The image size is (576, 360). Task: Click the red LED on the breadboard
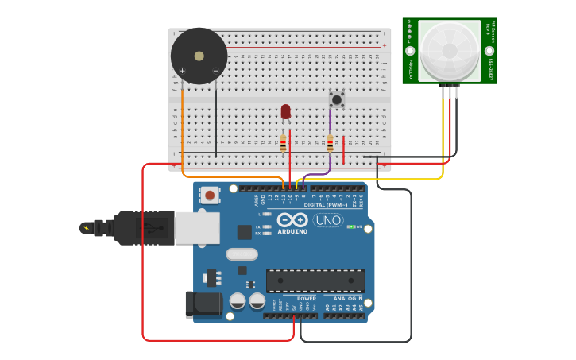point(286,111)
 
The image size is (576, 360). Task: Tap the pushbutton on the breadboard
point(337,99)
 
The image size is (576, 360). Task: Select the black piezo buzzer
point(199,56)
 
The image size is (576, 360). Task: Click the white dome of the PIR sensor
point(450,50)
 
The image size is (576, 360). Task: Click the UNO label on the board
point(328,220)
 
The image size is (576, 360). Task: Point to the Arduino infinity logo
point(292,220)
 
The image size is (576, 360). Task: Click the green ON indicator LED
point(350,227)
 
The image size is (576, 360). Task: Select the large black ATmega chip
point(315,281)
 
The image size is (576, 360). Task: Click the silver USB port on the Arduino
point(197,228)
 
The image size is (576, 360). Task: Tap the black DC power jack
point(202,304)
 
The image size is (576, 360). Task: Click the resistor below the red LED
point(284,143)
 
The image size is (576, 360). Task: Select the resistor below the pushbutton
point(331,143)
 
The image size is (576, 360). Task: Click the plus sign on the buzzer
point(182,71)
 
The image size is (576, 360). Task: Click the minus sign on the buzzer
point(215,71)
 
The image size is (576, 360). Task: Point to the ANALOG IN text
point(347,299)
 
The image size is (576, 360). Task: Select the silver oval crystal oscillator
point(242,254)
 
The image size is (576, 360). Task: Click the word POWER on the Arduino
point(307,299)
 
